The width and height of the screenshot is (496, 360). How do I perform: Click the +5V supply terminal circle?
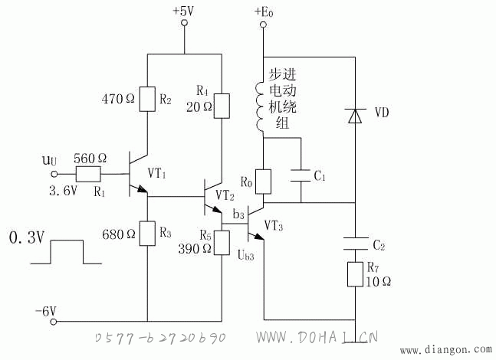(x=184, y=23)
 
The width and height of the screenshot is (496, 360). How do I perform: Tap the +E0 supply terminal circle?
(x=263, y=25)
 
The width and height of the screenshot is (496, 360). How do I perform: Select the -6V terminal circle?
(x=54, y=322)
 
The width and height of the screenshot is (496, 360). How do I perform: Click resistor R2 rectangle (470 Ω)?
(x=147, y=99)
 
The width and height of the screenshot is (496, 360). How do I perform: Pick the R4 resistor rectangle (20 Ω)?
(x=222, y=106)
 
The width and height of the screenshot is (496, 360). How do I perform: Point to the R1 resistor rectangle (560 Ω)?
(x=88, y=174)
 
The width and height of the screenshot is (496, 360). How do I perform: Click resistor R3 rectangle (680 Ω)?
(x=147, y=234)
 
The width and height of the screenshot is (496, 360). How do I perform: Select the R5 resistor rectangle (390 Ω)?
(x=222, y=243)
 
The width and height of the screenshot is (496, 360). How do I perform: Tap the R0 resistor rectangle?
(x=263, y=182)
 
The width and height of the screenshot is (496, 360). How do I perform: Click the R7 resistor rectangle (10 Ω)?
(x=355, y=274)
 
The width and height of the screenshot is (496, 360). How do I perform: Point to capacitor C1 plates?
(x=301, y=175)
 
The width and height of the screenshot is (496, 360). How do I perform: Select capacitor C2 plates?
(x=355, y=244)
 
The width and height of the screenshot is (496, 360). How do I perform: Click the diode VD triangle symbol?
(x=355, y=116)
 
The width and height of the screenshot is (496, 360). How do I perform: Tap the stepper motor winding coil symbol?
(x=260, y=107)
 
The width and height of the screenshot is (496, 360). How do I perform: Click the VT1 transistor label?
(x=156, y=173)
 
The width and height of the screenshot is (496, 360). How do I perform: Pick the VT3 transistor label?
(x=274, y=226)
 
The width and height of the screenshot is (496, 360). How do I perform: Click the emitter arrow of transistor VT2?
(x=217, y=210)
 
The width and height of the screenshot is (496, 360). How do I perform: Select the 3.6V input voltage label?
(x=63, y=191)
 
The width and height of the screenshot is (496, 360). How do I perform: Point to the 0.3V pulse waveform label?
(x=27, y=237)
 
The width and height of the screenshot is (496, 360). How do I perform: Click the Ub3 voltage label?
(x=246, y=255)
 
